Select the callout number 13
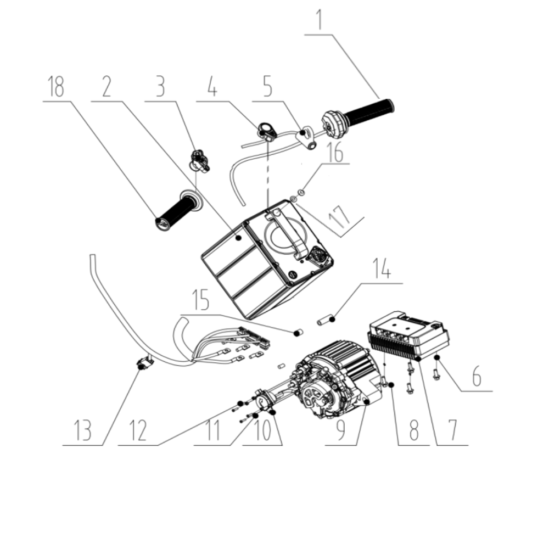tap(82, 431)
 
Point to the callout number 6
tap(477, 378)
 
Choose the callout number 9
tap(341, 431)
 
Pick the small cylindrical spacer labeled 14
tap(328, 319)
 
